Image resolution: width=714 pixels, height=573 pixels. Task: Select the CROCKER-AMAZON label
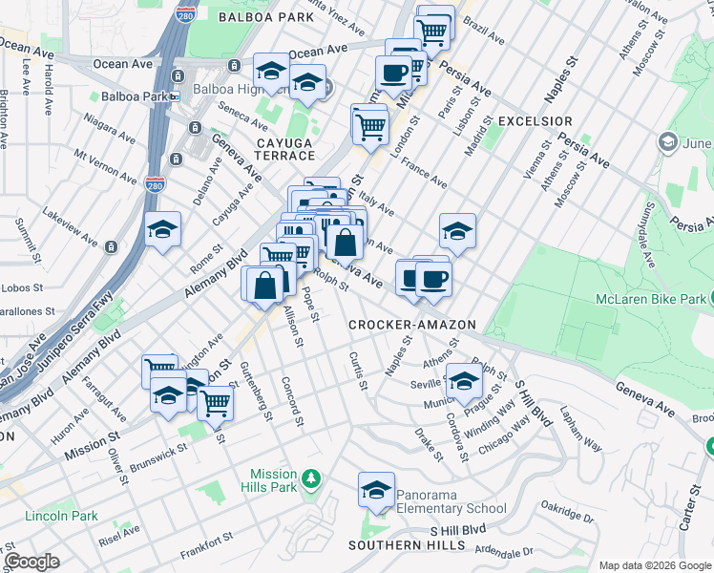411,325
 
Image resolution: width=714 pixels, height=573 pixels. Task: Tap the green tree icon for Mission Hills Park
310,477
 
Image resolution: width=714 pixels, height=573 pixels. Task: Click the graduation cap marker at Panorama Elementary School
376,491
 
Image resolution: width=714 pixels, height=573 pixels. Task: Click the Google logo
31,562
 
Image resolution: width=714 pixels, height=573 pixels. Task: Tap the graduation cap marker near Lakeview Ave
163,230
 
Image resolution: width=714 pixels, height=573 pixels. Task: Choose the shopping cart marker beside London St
370,123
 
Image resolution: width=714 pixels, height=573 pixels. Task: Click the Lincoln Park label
63,516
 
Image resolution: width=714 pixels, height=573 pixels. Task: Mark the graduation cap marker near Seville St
464,378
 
